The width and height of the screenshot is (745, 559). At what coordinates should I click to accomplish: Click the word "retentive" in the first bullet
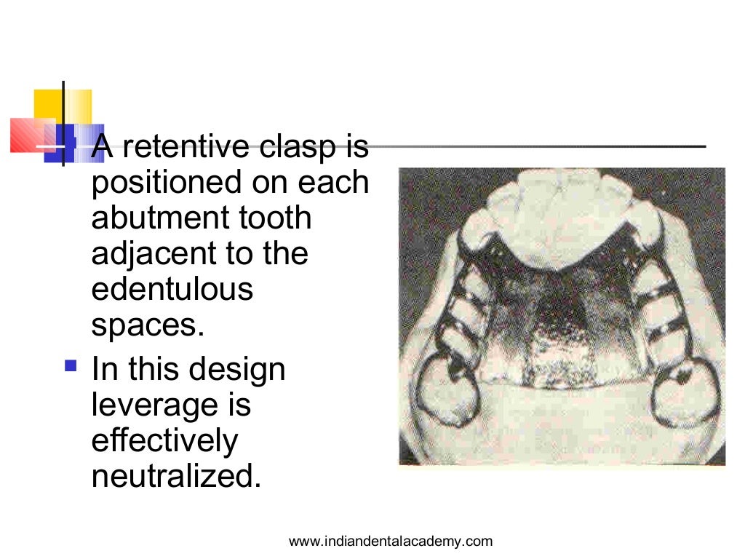pos(186,148)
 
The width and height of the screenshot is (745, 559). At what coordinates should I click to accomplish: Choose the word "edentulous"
pos(172,289)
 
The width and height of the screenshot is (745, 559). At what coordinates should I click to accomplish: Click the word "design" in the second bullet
pos(238,370)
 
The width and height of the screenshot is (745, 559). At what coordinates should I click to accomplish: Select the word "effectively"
pos(164,440)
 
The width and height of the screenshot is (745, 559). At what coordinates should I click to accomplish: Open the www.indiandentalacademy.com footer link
pos(391,541)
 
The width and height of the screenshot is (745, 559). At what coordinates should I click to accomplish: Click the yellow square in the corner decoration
pos(63,107)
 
